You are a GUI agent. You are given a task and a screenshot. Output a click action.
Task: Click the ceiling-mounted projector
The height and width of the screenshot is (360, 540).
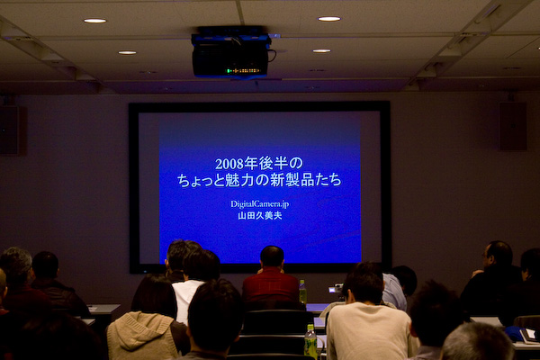[230, 53]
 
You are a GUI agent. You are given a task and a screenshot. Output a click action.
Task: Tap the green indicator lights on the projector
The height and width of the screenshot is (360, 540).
[243, 71]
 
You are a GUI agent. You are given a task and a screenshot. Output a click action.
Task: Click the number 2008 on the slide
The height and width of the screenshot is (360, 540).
[229, 164]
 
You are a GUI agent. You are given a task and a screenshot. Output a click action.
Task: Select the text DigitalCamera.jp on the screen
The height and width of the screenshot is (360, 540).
[260, 204]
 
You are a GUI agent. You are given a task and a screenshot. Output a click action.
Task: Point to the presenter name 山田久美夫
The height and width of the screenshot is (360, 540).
[260, 216]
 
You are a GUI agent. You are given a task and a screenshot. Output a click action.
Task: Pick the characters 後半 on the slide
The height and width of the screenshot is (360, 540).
[274, 163]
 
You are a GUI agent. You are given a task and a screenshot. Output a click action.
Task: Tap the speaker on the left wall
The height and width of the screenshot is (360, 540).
[9, 130]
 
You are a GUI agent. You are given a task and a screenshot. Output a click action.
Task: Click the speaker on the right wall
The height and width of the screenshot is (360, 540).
[512, 126]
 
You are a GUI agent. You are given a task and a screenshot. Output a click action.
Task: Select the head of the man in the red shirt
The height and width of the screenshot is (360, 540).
[272, 256]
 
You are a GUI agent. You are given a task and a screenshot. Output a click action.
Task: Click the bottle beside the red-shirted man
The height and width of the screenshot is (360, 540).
[302, 292]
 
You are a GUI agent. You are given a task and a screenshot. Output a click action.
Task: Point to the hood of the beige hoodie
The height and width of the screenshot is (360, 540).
[140, 329]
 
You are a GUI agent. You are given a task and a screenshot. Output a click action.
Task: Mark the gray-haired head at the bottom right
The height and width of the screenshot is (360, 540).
[477, 342]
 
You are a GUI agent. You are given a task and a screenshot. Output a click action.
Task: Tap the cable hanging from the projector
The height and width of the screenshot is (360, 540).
[273, 55]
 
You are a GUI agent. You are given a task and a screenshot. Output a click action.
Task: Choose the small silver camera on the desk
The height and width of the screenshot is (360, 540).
[336, 289]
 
